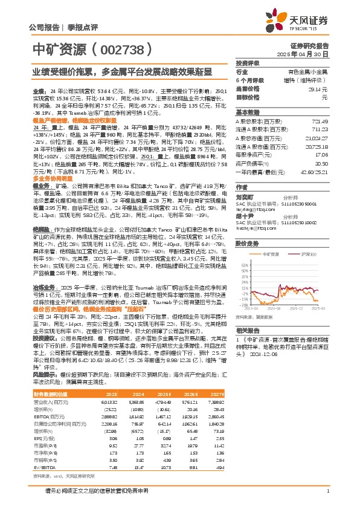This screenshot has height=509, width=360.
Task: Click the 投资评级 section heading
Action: click(x=247, y=63)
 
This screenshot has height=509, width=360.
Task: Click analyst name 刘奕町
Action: click(x=244, y=196)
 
